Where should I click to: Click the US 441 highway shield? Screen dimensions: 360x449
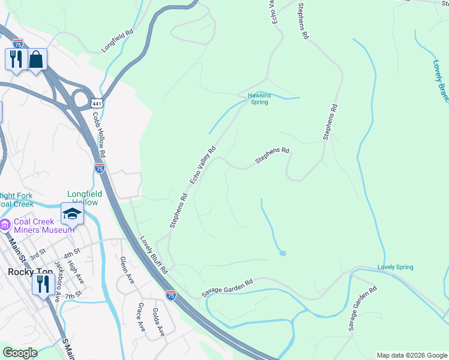coord(96,104)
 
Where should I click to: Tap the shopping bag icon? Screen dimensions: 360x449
coord(36,59)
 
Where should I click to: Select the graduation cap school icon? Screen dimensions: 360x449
coord(71,214)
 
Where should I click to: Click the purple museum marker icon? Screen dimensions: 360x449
coord(5,226)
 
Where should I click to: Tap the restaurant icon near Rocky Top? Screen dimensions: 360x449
coord(42,283)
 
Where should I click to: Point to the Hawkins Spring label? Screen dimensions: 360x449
coord(259,98)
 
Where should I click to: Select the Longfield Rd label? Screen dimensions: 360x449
coord(116,42)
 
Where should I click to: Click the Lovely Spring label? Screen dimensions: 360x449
coord(395,267)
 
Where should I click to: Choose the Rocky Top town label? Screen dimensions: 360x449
coord(23,271)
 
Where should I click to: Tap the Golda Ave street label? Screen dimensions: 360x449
coord(158,322)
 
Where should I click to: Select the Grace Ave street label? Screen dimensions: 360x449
coord(141,317)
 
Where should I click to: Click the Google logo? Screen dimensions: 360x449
coord(20,353)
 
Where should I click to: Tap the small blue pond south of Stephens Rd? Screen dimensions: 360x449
coord(283,253)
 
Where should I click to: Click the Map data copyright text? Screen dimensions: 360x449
coord(411,355)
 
